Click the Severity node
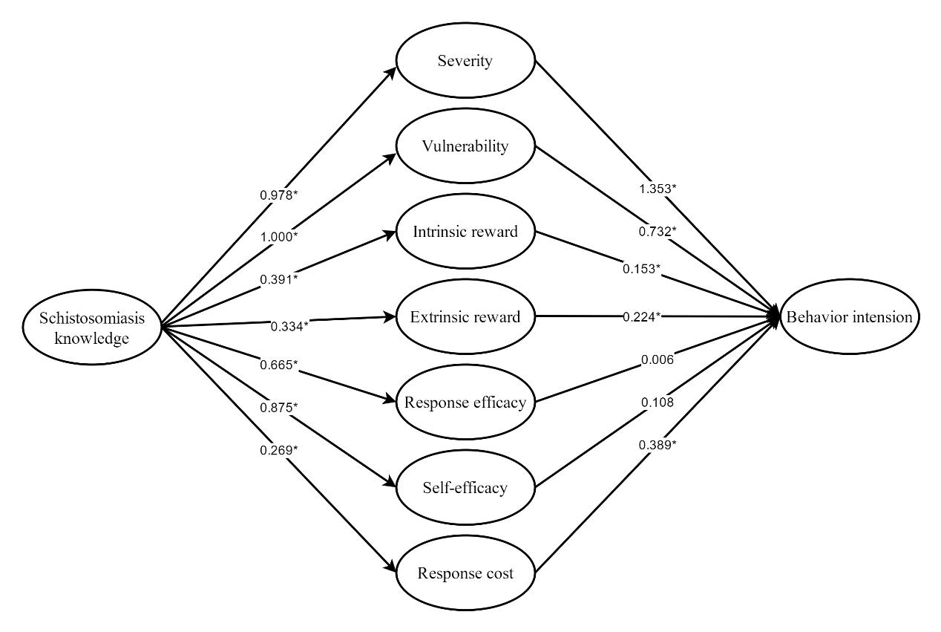click(465, 61)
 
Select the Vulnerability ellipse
click(465, 146)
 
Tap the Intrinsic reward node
click(465, 232)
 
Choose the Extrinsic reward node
click(465, 317)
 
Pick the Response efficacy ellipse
click(465, 403)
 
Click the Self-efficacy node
click(465, 488)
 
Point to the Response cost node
click(465, 573)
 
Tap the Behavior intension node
click(850, 317)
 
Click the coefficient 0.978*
click(280, 195)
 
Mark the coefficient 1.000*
click(280, 236)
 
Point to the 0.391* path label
click(280, 278)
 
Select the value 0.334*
click(290, 325)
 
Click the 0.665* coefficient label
click(280, 364)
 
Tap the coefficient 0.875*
click(280, 406)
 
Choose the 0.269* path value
click(280, 449)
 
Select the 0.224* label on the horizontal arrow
click(642, 316)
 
